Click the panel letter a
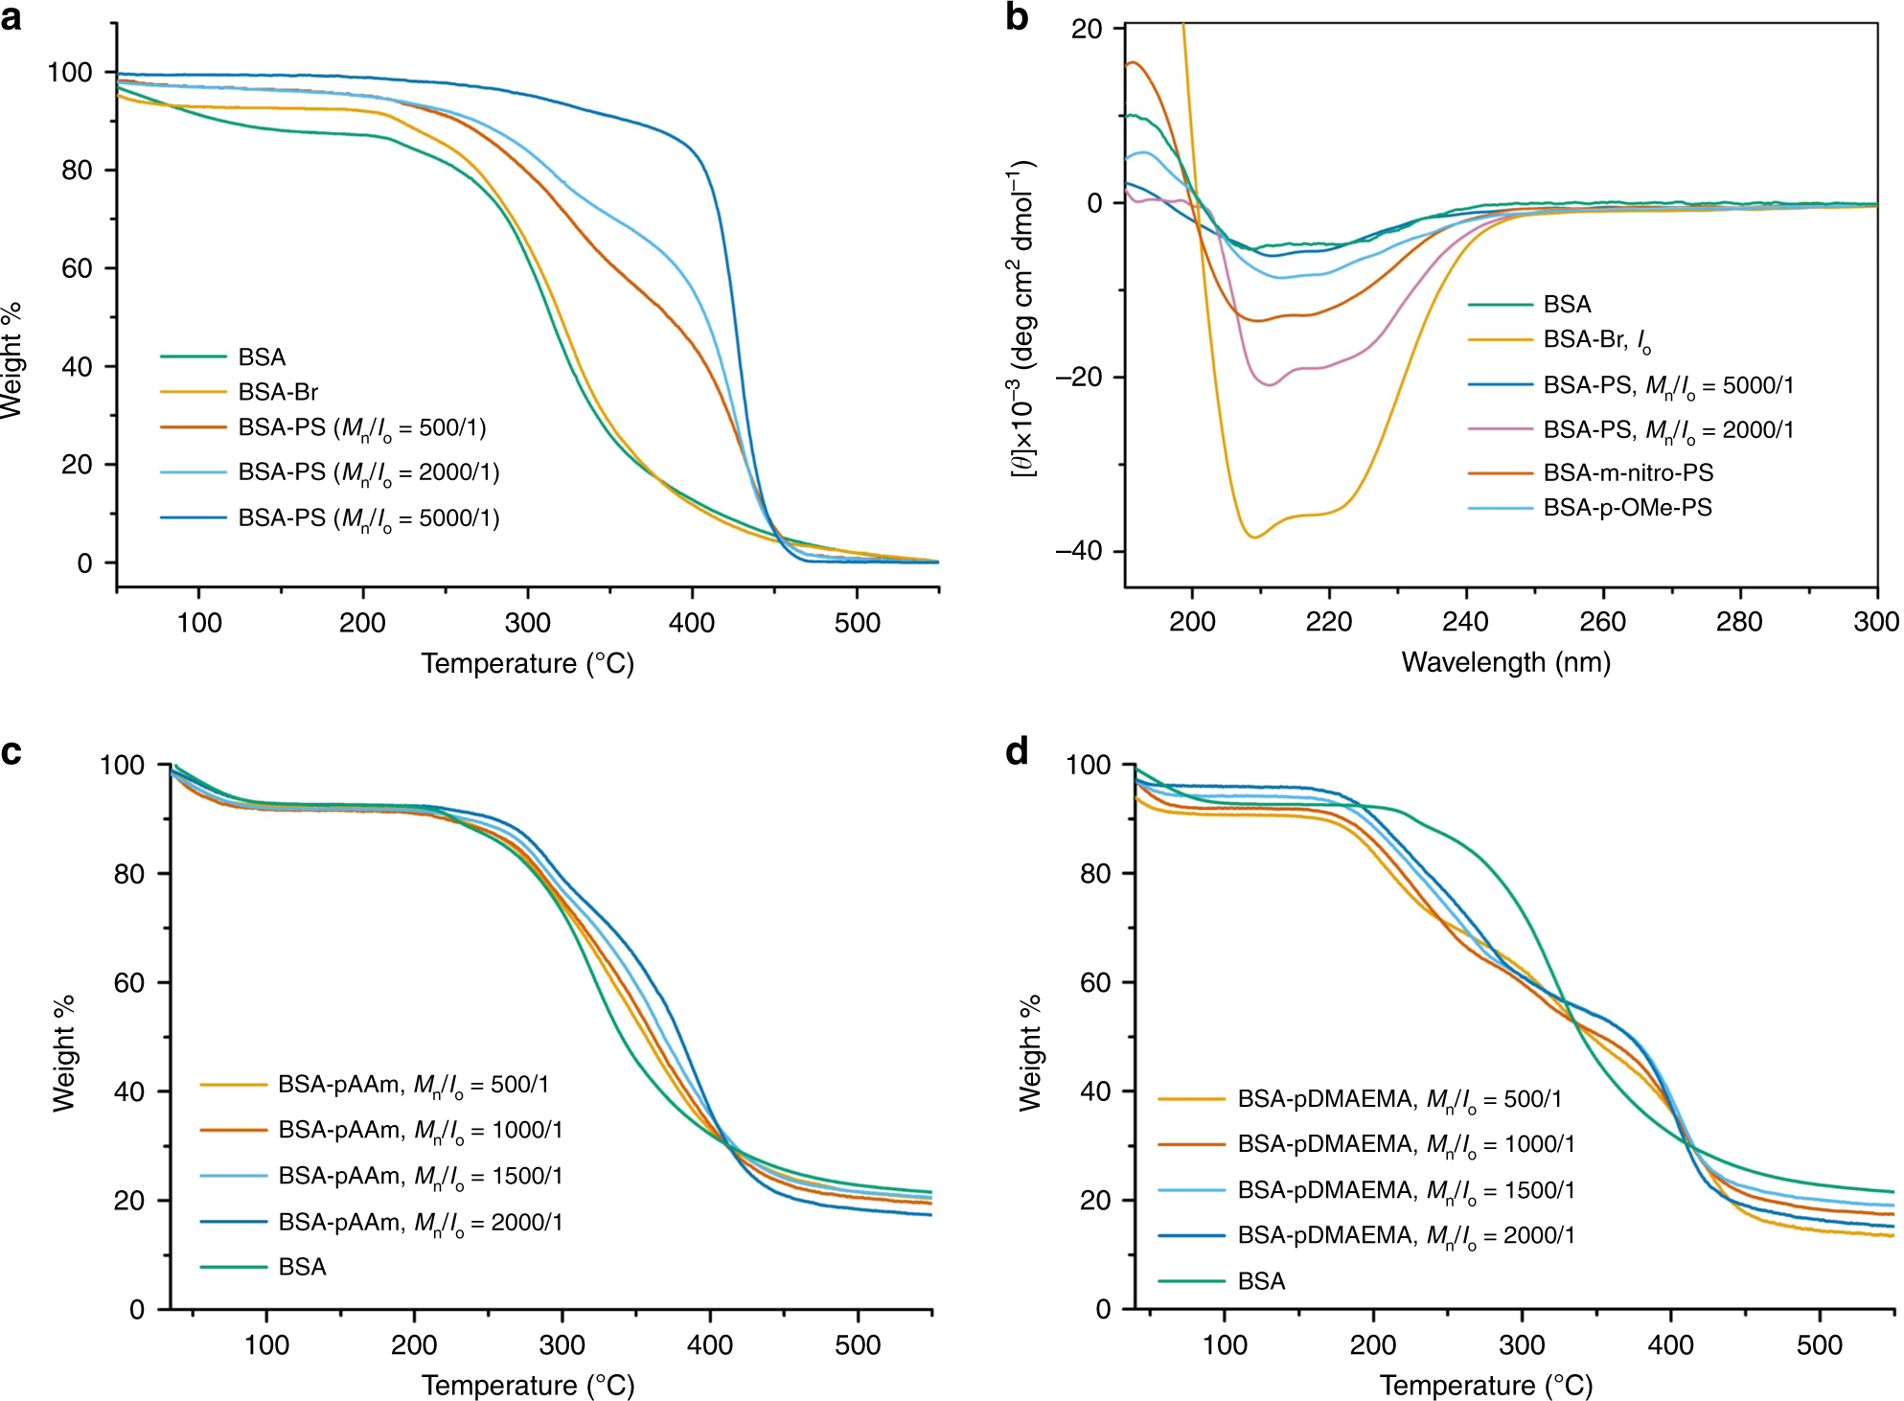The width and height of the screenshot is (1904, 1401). pos(11,17)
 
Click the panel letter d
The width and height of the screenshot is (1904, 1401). pos(1017,751)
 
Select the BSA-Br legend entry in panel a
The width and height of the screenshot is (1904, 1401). pos(278,392)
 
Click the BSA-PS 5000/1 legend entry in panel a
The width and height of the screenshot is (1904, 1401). pos(368,518)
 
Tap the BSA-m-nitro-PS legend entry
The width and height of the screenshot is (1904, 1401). pos(1627,472)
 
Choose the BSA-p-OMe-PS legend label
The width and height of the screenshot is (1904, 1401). pos(1627,508)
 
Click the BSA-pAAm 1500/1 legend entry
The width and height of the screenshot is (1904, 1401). pos(420,1177)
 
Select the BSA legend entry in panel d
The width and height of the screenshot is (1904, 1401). pos(1261,1281)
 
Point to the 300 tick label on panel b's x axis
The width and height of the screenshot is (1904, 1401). pos(1875,622)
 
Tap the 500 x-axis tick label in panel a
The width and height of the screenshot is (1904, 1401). pos(857,623)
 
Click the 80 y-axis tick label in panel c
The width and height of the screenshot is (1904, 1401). pos(128,874)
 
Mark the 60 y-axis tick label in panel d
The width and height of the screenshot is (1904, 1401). pos(1095,982)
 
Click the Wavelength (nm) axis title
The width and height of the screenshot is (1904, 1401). pos(1505,662)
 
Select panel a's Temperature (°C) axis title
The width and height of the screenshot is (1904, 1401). pos(527,663)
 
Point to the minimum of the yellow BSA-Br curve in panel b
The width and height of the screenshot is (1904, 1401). pos(1254,537)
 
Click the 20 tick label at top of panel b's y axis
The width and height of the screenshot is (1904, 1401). pos(1087,29)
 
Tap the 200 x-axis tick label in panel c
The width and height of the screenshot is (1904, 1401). pos(414,1344)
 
